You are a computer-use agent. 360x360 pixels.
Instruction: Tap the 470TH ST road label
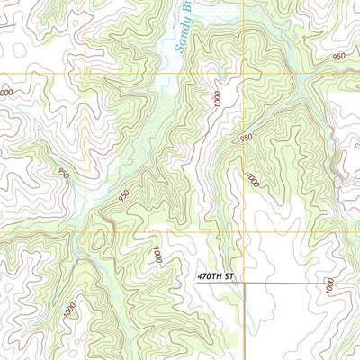coord(215,276)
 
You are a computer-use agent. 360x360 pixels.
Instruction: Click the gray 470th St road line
coord(288,283)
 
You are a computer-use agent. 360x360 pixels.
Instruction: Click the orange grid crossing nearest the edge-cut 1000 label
coord(86,73)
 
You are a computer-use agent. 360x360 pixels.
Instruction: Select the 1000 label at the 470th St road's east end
coord(329,286)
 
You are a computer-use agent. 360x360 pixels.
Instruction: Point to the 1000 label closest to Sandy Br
coord(217,98)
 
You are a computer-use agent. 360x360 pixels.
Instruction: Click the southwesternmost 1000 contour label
coord(70,310)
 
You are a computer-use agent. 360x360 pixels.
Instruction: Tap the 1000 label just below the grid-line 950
coord(253,179)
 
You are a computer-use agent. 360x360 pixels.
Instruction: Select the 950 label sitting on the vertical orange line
coord(245,138)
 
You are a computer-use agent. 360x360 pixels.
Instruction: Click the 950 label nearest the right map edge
coord(338,57)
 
